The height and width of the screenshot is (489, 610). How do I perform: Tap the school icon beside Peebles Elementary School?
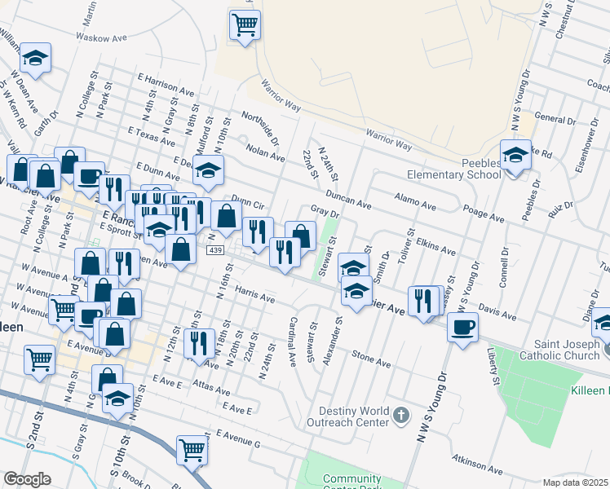pos(515,155)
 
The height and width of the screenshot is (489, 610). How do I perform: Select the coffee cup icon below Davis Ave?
pos(463,328)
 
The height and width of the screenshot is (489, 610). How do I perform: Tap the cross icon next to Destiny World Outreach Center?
pos(400,416)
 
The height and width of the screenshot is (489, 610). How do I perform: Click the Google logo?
pos(27,478)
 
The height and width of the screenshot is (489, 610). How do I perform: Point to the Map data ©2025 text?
pos(575,482)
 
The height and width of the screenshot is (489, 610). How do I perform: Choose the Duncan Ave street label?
pos(348,199)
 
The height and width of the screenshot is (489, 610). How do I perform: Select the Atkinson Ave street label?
pos(473,466)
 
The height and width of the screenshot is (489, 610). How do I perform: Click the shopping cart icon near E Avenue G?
pos(192,448)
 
